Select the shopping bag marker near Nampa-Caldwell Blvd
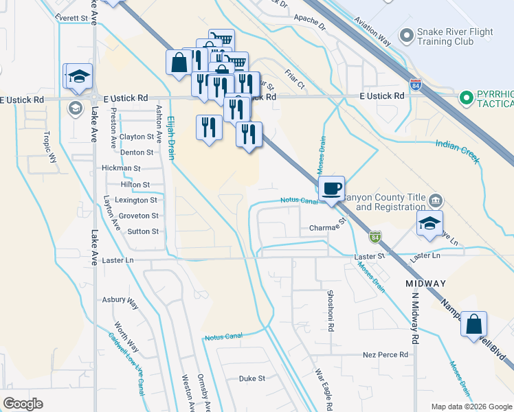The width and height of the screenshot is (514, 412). point(473,324)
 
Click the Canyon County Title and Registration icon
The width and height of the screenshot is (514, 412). point(435,201)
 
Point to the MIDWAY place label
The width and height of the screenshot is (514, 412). point(425,284)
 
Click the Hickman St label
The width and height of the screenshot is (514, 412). point(121,168)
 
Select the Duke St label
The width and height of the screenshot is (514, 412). point(252,378)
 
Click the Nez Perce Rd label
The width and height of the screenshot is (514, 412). point(385,355)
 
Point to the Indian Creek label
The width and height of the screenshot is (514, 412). point(457,150)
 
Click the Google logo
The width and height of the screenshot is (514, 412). point(23,404)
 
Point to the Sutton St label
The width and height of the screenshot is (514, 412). point(143,232)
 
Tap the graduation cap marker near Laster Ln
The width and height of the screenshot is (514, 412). point(429,223)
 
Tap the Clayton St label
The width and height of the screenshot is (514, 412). point(136,137)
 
